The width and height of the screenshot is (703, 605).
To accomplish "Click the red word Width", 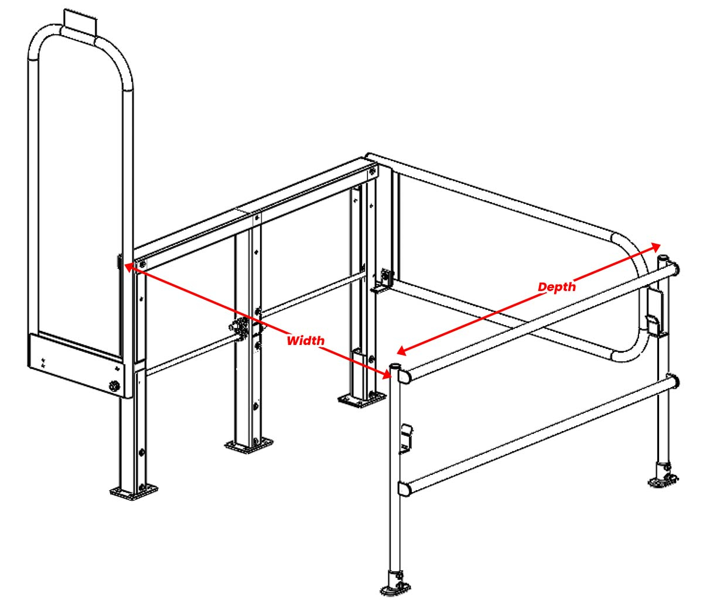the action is (305, 340).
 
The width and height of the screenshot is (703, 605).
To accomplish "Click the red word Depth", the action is (557, 286).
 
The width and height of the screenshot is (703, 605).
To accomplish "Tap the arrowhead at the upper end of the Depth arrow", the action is (656, 247).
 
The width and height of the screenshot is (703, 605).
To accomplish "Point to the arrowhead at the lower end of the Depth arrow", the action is (402, 351).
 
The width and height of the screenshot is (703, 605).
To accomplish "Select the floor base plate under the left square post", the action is (134, 492).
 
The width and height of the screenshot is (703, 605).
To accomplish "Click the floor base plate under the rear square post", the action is (361, 398).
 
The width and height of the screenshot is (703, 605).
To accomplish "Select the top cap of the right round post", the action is (663, 258).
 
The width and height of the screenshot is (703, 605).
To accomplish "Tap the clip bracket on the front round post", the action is (407, 438).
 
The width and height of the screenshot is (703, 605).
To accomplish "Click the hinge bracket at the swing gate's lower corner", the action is (383, 283).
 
